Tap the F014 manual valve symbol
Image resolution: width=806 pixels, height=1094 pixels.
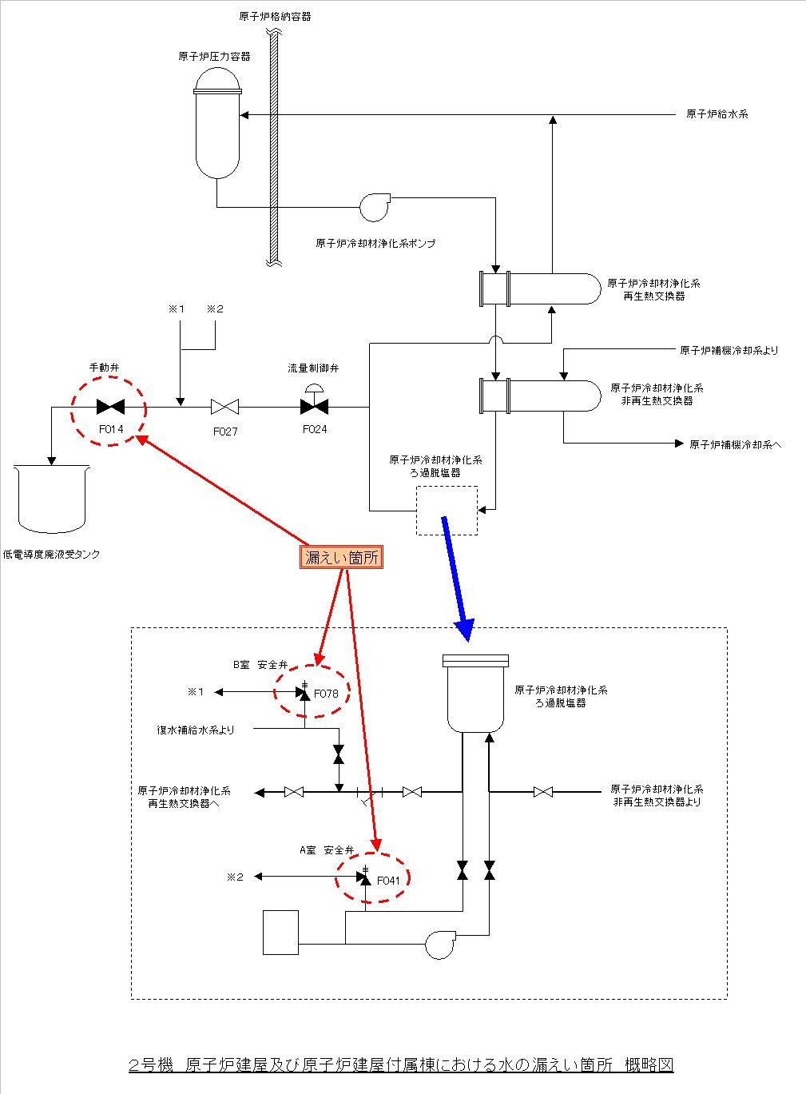109,407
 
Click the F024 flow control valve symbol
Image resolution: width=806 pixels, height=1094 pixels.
314,406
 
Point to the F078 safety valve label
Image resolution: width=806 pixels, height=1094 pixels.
326,694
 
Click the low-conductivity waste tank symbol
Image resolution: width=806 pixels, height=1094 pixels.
51,499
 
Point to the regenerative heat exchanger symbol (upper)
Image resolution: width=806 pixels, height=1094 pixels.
538,288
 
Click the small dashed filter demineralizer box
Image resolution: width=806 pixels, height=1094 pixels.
446,511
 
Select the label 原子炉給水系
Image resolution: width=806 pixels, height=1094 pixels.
717,114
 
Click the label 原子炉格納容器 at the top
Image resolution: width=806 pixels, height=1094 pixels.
274,16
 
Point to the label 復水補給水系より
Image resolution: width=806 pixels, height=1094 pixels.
196,729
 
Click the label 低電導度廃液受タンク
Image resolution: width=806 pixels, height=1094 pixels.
52,554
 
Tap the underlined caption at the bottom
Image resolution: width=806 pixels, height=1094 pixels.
401,1064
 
